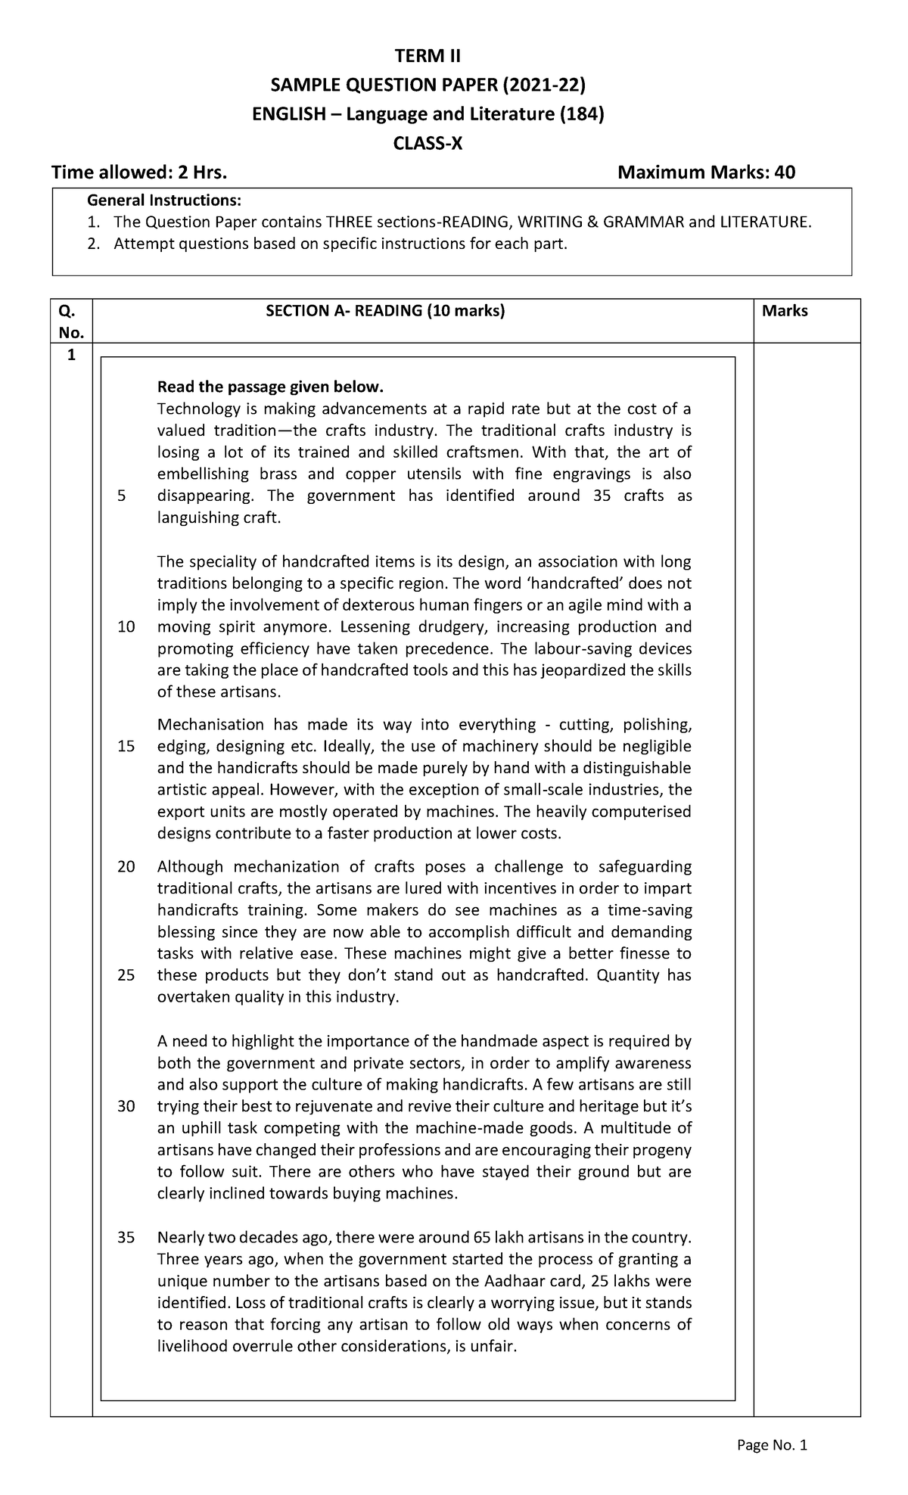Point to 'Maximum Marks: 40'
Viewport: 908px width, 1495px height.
[x=707, y=173]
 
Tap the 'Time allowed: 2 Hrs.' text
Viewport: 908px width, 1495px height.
[x=138, y=173]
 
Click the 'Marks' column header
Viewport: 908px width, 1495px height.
[x=785, y=310]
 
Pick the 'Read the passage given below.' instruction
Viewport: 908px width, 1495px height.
[x=270, y=387]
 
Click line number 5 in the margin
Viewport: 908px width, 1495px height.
[x=123, y=496]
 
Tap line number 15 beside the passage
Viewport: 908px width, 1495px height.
[x=126, y=747]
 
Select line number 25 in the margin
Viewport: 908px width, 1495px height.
[x=126, y=975]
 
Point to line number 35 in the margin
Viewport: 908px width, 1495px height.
[x=126, y=1239]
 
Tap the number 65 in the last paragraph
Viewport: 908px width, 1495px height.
[x=481, y=1239]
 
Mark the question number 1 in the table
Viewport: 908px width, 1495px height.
[x=71, y=356]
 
